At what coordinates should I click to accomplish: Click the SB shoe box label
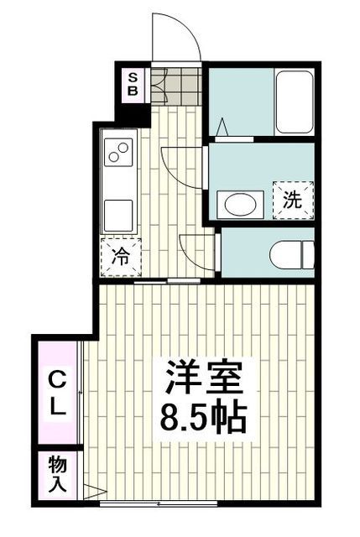[133, 84]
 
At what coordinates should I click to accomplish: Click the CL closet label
[57, 394]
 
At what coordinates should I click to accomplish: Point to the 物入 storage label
[57, 473]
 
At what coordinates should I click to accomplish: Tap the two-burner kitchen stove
[118, 154]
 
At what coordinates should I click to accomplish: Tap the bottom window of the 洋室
[159, 503]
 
